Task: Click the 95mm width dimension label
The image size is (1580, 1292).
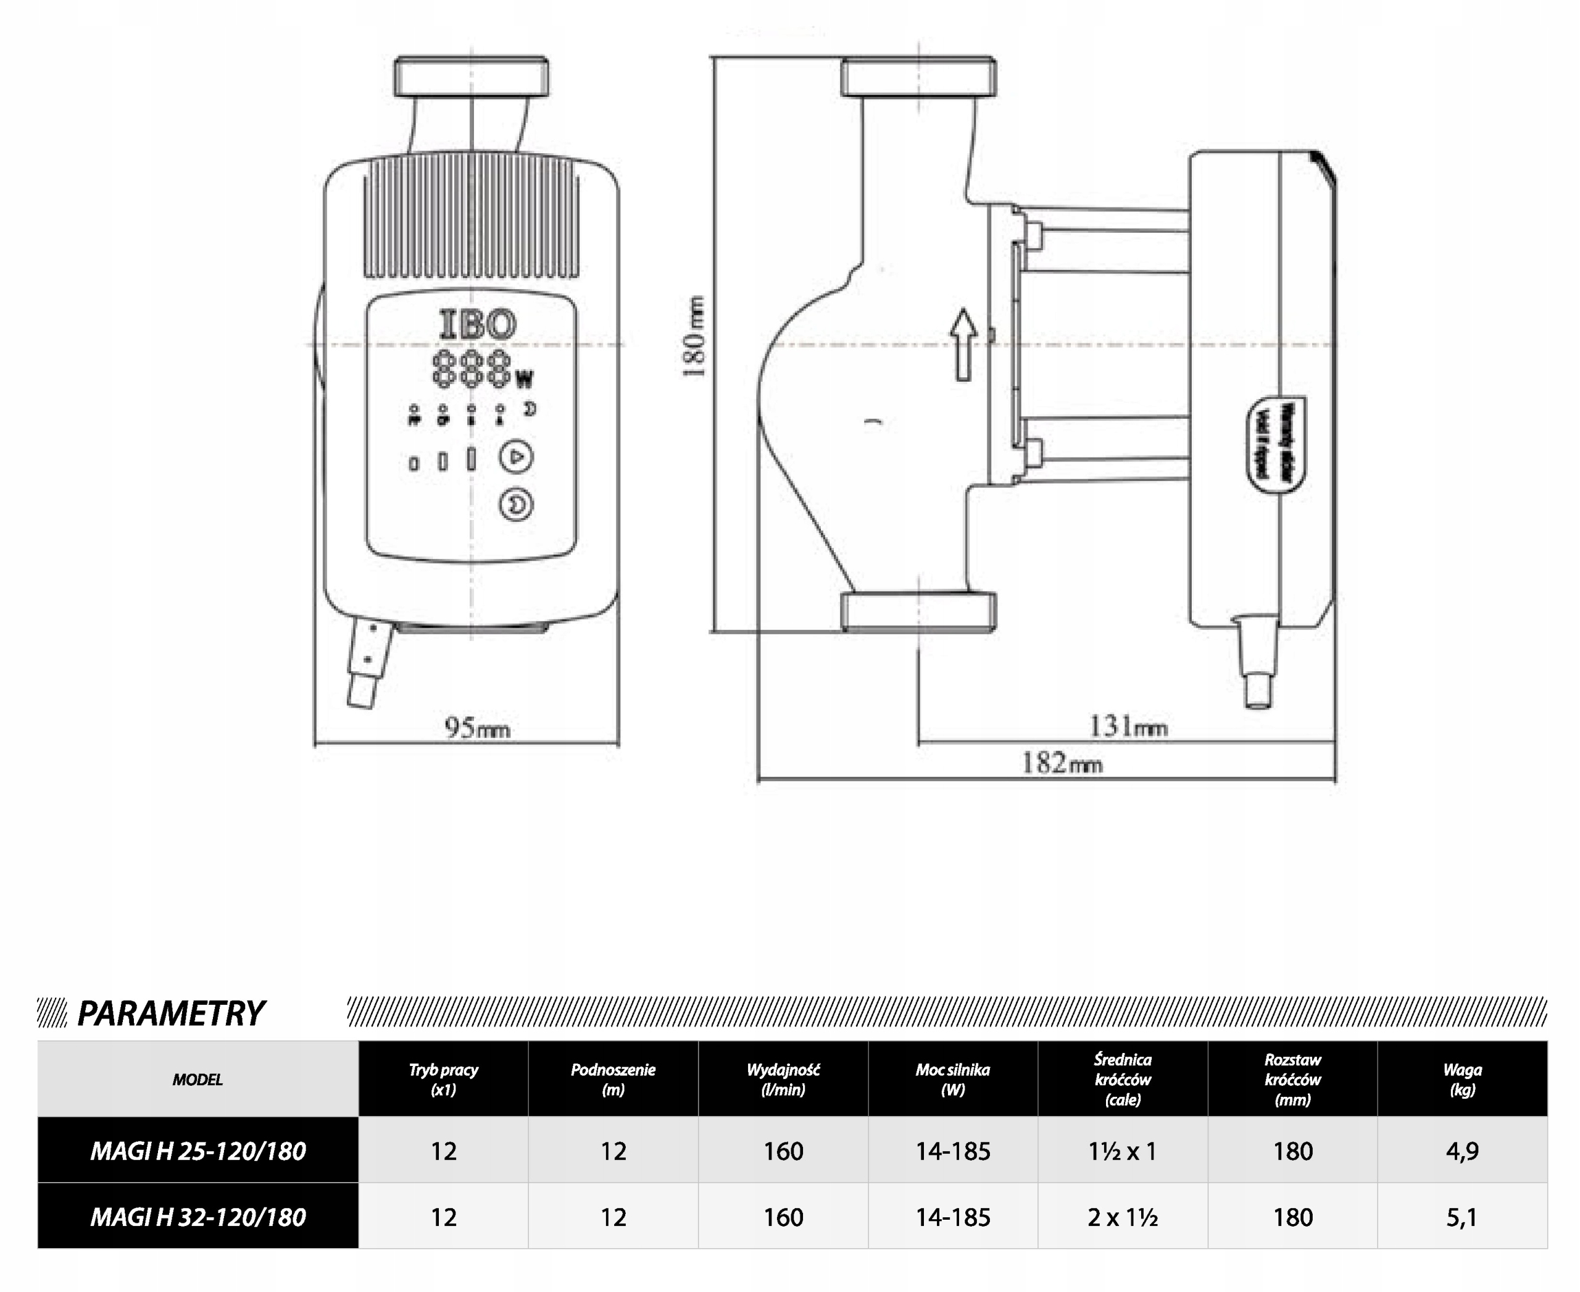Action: point(477,726)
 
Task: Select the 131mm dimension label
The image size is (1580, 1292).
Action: point(1128,726)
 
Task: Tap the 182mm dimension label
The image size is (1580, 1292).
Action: point(1062,763)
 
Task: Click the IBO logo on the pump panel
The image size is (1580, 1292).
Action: point(478,324)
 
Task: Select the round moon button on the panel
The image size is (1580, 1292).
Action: point(515,505)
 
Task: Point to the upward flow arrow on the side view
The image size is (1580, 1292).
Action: point(964,345)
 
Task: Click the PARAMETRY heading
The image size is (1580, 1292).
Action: point(170,1013)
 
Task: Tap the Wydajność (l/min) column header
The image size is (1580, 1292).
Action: point(783,1079)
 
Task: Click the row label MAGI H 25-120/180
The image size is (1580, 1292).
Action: point(198,1151)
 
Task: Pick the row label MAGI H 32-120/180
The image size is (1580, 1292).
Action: point(198,1217)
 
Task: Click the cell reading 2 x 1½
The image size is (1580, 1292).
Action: point(1122,1217)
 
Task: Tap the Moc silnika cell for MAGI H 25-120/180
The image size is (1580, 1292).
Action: point(952,1151)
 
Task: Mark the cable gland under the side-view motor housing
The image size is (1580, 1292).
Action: point(1258,661)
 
